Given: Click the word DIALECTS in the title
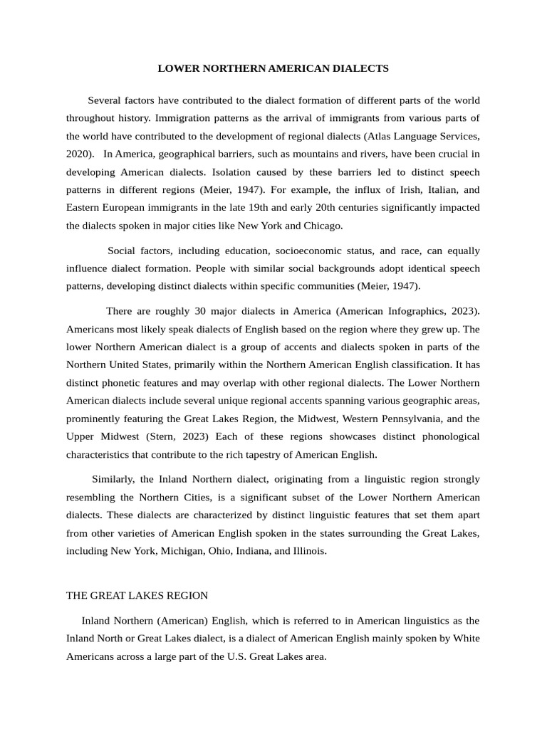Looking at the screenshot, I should [x=359, y=68].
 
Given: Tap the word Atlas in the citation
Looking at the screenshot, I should [x=381, y=135].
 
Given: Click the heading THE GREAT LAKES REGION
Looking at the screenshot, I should [x=137, y=594].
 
